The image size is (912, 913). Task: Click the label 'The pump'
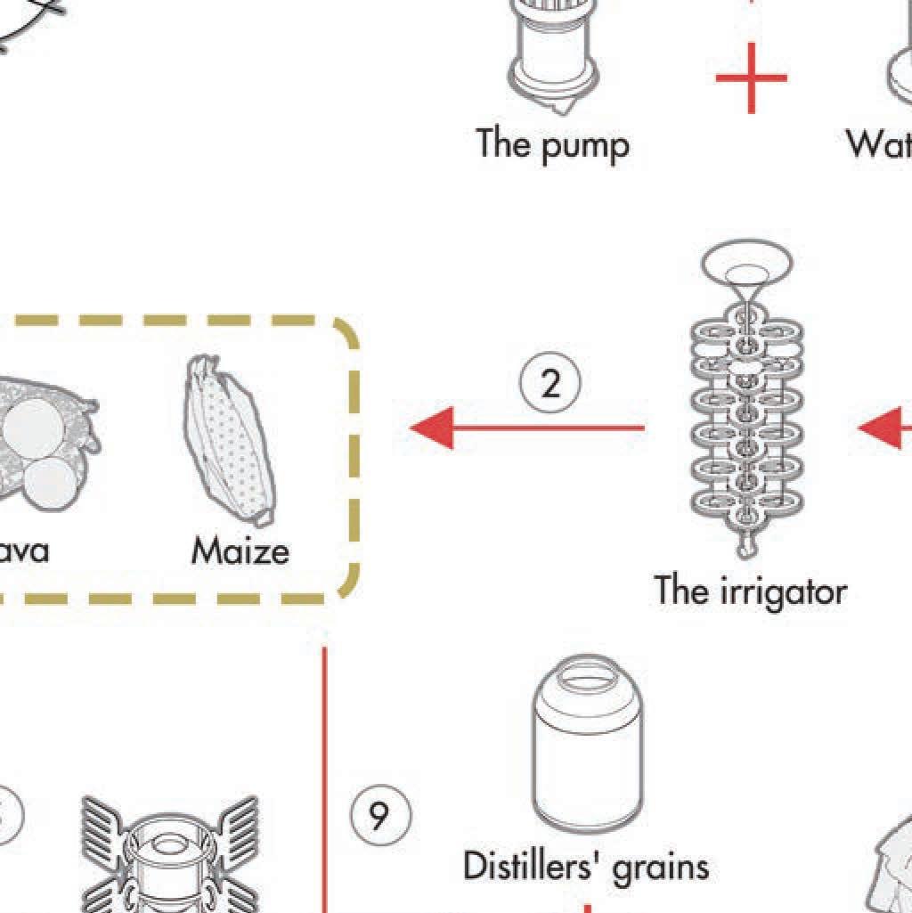point(552,144)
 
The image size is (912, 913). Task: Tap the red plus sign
point(751,78)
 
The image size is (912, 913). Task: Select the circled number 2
point(550,384)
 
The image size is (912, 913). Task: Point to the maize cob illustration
point(227,440)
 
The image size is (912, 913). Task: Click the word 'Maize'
point(240,551)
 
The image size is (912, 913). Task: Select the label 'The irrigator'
point(750,590)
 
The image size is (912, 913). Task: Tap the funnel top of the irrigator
point(746,265)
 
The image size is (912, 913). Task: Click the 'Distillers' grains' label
point(586,865)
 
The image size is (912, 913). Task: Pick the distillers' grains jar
point(588,745)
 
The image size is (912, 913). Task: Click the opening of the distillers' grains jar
point(588,672)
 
